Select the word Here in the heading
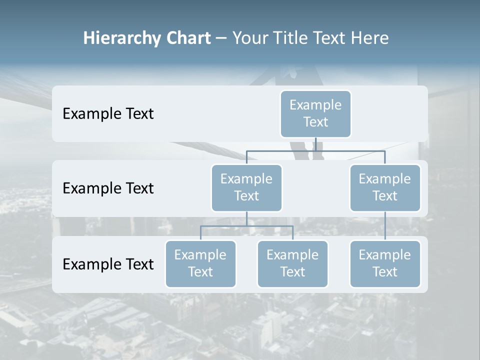pos(369,38)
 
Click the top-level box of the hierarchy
pos(315,113)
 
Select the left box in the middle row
pos(246,187)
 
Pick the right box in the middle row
pos(385,187)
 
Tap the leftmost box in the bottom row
pos(200,263)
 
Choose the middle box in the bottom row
pos(292,263)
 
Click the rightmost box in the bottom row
pos(385,263)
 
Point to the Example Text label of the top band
pos(108,114)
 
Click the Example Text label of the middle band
pos(108,188)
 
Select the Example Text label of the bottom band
pos(108,264)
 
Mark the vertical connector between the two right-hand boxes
pos(385,226)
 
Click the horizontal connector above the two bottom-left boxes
pos(246,226)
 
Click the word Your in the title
pos(250,38)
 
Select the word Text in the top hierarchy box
pos(315,122)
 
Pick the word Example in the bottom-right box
pos(385,255)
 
